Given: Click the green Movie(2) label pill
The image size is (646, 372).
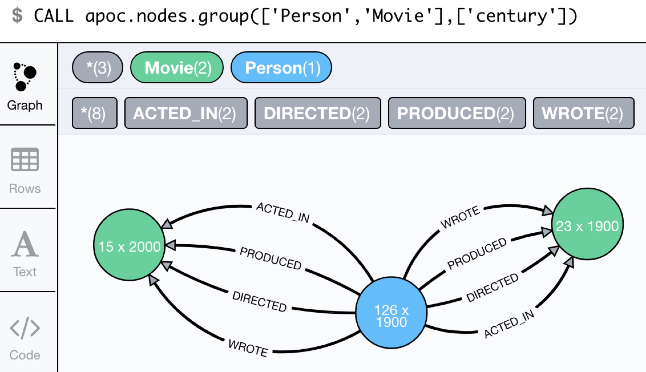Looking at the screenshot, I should pos(177,68).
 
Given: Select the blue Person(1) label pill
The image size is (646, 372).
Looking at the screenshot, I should pos(281,68).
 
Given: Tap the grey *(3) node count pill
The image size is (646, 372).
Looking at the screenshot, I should pos(98,68).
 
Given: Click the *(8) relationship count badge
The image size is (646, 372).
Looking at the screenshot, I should pos(94,113).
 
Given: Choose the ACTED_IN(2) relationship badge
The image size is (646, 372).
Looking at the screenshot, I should pos(186,113).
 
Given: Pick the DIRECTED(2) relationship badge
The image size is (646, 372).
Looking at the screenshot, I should pos(318,113).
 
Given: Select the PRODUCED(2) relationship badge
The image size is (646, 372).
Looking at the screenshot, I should pos(457,113).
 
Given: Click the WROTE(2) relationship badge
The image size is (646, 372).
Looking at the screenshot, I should pos(584,113).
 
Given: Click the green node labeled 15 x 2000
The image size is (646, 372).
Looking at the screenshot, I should pos(129,245).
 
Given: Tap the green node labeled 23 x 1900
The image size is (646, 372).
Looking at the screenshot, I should pos(587,224).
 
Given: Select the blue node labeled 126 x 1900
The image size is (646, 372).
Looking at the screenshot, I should pos(391,313).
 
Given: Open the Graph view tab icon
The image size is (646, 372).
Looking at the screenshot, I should pos(25,76).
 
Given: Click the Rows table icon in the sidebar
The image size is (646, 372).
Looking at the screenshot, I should pos(25,159).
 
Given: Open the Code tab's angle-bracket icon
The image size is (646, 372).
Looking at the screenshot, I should pos(25,328).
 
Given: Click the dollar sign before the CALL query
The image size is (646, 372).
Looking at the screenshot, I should pos(17,15).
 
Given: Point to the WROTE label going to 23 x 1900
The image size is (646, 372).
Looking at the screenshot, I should pos(460,217).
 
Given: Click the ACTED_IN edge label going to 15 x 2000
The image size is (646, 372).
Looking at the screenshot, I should pos(283,213).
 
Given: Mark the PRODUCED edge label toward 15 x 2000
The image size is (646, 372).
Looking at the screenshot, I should pos(270,258).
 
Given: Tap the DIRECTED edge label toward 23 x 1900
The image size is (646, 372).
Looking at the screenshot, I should pos(492,287).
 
